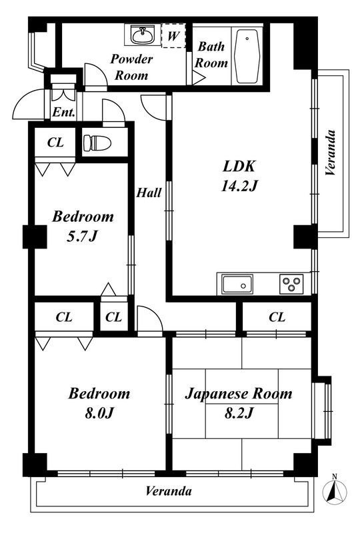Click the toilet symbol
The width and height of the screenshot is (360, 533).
[x=97, y=143]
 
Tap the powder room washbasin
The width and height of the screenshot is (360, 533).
[x=143, y=35]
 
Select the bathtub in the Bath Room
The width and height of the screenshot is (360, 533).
[x=247, y=57]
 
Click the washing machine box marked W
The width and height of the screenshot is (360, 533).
[x=173, y=35]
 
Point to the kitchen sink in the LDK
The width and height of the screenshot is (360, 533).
[x=237, y=284]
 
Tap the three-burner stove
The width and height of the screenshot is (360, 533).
[x=291, y=284]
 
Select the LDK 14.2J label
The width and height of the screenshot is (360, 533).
[x=239, y=176]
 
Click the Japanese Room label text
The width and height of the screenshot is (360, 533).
[x=239, y=394]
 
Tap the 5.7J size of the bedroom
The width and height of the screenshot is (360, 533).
[x=82, y=236]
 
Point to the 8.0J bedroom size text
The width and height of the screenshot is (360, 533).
[x=99, y=413]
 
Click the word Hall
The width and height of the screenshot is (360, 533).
[x=149, y=193]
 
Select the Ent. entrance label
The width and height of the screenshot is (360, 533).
[x=63, y=112]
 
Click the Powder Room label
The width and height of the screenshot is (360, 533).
[x=131, y=67]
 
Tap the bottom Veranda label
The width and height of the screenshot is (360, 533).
[x=169, y=491]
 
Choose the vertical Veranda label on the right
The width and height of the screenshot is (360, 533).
[x=331, y=153]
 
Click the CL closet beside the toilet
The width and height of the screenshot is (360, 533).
[x=55, y=142]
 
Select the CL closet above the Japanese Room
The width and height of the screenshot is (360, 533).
[x=277, y=317]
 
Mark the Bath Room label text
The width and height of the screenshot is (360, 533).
[x=211, y=55]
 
